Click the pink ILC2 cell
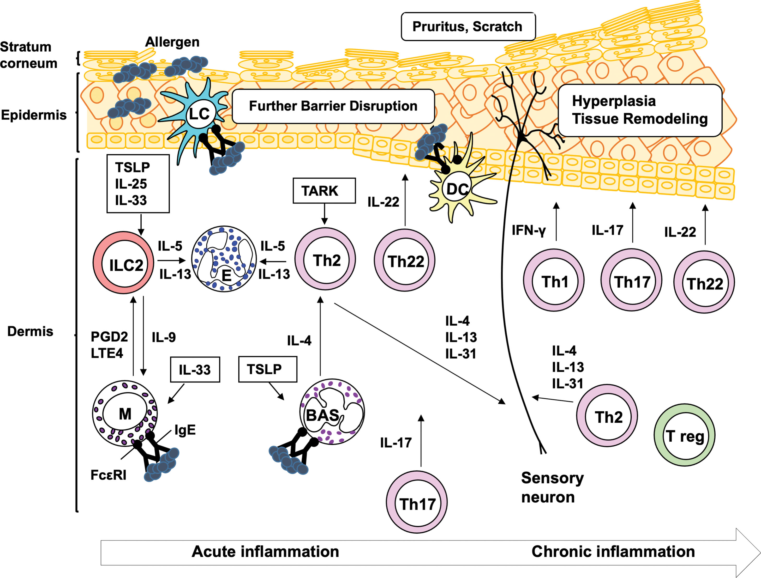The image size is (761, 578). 123,264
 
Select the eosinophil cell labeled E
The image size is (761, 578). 224,259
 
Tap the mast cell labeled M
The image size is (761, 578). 125,413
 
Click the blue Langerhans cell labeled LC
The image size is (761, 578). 199,113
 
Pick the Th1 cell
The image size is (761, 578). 554,281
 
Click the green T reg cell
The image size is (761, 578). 684,435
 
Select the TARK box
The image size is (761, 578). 324,191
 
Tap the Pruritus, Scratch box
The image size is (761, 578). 468,27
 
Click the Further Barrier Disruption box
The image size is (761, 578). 333,106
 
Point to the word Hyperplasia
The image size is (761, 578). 614,101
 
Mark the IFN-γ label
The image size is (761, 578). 528,230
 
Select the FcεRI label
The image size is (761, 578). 108,475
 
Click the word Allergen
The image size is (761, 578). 172,42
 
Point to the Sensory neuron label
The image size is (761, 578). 552,488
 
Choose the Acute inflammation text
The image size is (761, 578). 265,551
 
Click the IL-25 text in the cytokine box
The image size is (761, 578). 131,184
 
